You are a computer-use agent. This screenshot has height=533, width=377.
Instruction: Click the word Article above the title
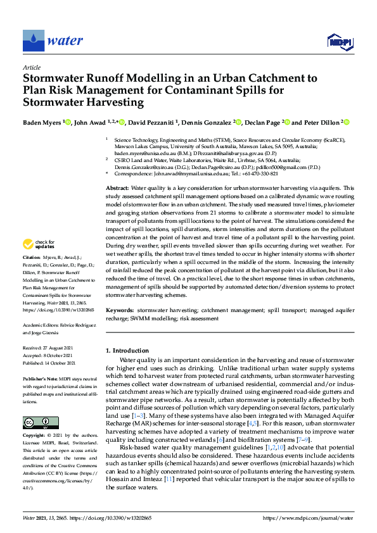click(x=31, y=67)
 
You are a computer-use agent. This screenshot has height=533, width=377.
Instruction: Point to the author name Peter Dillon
click(x=321, y=122)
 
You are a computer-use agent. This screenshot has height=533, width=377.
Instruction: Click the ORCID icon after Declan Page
click(x=286, y=122)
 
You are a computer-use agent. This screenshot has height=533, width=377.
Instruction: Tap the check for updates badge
click(x=40, y=244)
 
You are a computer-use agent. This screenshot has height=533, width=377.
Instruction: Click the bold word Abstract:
click(x=117, y=189)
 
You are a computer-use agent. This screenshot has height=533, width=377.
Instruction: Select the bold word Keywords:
click(x=120, y=311)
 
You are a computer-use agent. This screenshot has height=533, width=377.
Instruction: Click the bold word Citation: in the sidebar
click(x=32, y=258)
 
